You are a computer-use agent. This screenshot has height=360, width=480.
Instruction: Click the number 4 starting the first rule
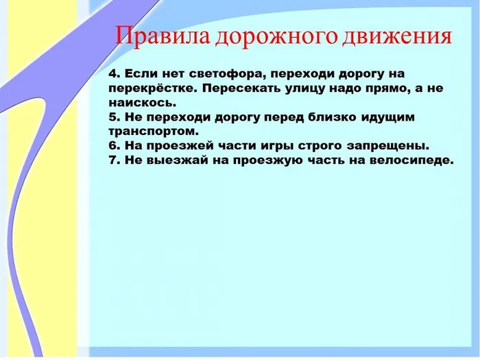tap(112, 73)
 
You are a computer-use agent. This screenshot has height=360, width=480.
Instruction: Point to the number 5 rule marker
tap(112, 117)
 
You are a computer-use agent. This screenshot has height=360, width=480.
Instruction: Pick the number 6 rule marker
tap(112, 146)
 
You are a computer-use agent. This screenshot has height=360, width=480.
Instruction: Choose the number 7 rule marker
tap(112, 160)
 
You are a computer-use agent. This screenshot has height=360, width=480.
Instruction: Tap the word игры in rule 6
tap(278, 146)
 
